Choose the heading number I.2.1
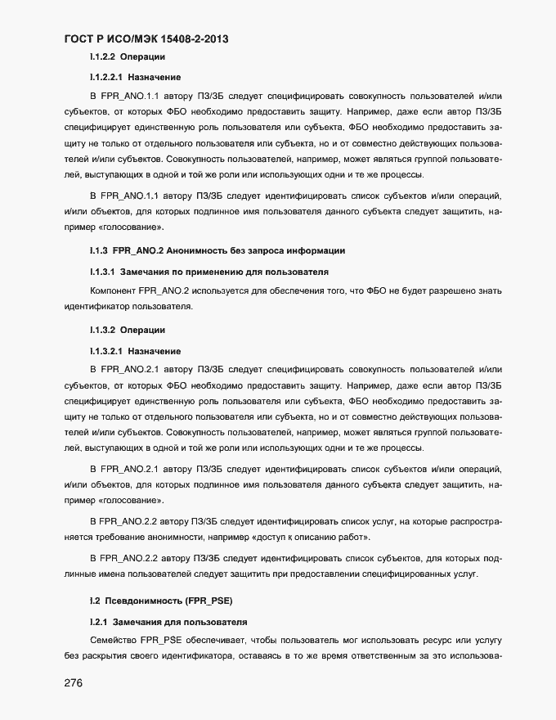pyautogui.click(x=98, y=622)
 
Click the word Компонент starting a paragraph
pyautogui.click(x=113, y=290)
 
